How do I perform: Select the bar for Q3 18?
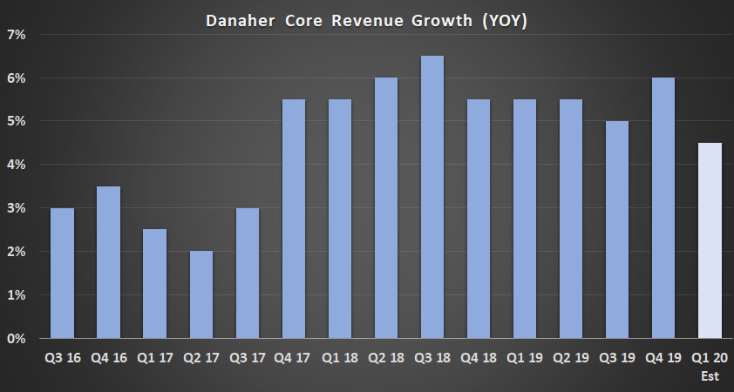[432, 197]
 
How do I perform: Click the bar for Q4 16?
[108, 262]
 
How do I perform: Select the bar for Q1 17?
[154, 284]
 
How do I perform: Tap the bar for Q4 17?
[294, 219]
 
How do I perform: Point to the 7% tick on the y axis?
[17, 35]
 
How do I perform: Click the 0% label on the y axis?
[17, 338]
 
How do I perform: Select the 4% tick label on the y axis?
[17, 165]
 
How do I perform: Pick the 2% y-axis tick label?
[17, 252]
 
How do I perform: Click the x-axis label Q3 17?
[247, 357]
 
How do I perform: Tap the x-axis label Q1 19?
[525, 357]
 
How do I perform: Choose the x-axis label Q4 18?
[479, 357]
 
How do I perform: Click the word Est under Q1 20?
[710, 376]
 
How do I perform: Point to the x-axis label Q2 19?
[571, 357]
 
